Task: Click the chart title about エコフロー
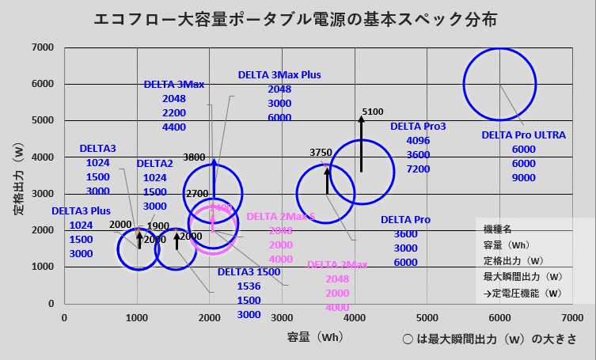298,18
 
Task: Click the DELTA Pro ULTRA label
523,135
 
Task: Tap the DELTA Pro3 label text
418,127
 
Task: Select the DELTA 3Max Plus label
279,75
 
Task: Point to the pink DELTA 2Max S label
281,217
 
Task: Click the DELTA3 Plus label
82,211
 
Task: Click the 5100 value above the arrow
372,112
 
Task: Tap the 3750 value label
321,152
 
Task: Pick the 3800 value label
194,157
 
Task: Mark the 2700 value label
196,194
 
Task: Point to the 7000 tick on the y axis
43,47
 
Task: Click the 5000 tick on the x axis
427,316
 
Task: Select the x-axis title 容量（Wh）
315,337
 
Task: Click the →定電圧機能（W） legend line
522,293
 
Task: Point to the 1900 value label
158,226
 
